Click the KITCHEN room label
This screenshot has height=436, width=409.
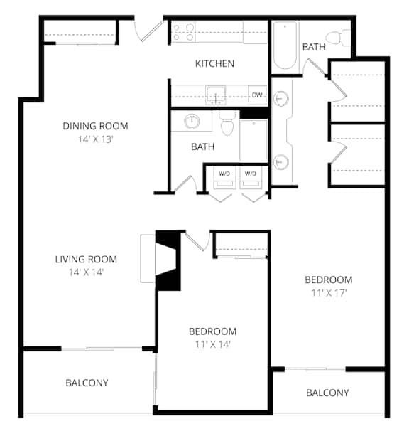click(214, 63)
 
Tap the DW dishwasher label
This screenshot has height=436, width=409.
click(256, 95)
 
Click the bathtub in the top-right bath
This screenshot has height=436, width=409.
click(285, 46)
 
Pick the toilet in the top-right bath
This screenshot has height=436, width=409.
click(339, 36)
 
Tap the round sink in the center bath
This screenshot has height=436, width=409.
click(192, 121)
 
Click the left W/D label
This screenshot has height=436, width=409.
click(224, 174)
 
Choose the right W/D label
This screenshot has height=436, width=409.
click(250, 174)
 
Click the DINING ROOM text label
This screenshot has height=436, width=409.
click(96, 126)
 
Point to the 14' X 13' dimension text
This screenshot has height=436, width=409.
click(96, 139)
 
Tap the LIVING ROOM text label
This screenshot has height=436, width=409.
click(86, 259)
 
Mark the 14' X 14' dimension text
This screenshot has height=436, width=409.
click(86, 272)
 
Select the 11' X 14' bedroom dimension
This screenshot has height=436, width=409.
click(212, 344)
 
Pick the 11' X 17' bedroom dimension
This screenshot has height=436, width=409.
click(329, 292)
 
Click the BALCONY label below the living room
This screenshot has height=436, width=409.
click(87, 383)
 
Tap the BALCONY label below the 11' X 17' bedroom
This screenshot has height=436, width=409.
click(327, 393)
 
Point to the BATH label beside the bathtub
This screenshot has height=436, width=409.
click(313, 47)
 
